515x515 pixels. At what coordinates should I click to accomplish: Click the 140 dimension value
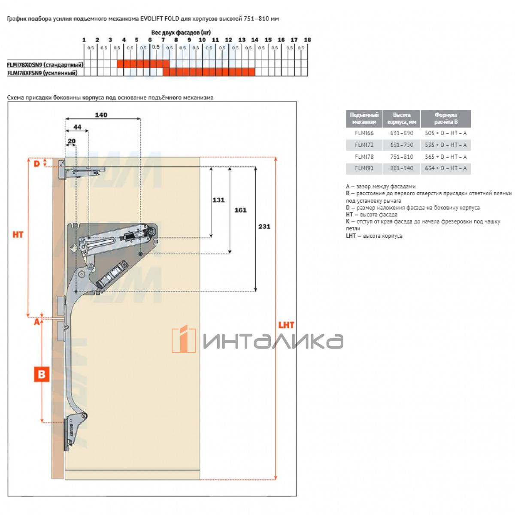pyautogui.click(x=101, y=115)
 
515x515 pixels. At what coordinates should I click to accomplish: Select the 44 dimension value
pyautogui.click(x=77, y=127)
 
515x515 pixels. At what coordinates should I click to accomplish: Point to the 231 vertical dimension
pyautogui.click(x=264, y=227)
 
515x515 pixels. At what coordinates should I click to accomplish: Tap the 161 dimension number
pyautogui.click(x=240, y=210)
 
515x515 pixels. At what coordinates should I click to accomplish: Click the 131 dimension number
pyautogui.click(x=218, y=200)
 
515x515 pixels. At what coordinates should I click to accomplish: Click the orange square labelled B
pyautogui.click(x=42, y=374)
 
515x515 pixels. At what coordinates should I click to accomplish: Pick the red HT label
pyautogui.click(x=18, y=234)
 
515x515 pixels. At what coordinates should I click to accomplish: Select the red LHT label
pyautogui.click(x=286, y=325)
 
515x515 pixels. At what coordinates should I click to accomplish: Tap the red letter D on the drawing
pyautogui.click(x=36, y=164)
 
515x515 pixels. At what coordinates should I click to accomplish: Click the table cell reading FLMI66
pyautogui.click(x=364, y=133)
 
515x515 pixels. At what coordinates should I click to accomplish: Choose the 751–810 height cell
pyautogui.click(x=402, y=157)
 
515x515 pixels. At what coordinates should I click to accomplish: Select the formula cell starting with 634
pyautogui.click(x=445, y=168)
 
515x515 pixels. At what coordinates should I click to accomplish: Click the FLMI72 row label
pyautogui.click(x=364, y=145)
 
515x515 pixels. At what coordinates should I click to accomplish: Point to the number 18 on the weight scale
pyautogui.click(x=307, y=40)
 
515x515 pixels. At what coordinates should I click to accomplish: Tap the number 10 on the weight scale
pyautogui.click(x=202, y=40)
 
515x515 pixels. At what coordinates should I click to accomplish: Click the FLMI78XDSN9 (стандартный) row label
pyautogui.click(x=45, y=65)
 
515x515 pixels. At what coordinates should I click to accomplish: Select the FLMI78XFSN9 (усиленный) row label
pyautogui.click(x=42, y=73)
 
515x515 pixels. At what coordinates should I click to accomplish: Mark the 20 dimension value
pyautogui.click(x=71, y=141)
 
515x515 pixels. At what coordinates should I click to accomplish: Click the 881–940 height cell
pyautogui.click(x=402, y=168)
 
